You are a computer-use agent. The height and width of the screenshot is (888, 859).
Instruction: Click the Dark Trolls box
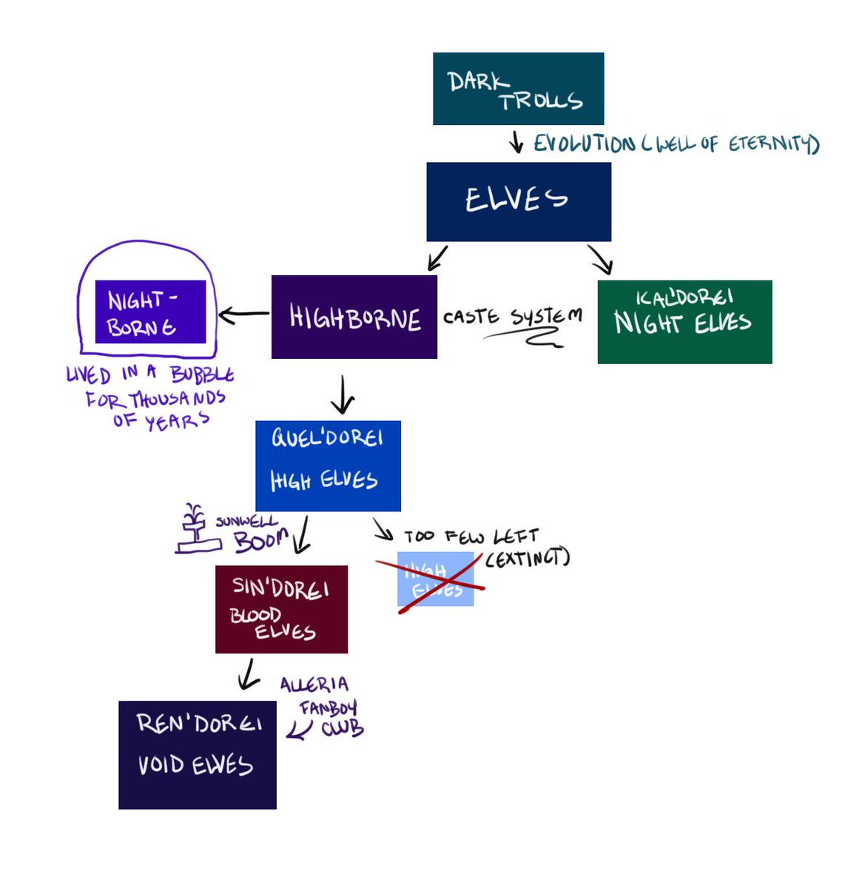coord(518,89)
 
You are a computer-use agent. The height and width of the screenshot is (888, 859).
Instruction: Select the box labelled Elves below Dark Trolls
coord(519,201)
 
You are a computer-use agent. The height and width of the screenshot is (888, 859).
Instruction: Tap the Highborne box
coord(354,317)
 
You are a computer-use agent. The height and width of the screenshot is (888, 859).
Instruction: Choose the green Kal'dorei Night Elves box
coord(684,322)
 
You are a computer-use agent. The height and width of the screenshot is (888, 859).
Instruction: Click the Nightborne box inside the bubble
coord(150,312)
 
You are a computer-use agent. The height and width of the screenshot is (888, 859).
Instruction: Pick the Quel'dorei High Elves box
coord(328,465)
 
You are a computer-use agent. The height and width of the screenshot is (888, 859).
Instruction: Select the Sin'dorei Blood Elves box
coord(281,609)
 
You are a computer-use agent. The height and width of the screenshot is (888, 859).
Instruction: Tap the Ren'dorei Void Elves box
coord(198,755)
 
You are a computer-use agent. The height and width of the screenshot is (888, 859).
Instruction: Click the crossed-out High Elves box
coord(435,579)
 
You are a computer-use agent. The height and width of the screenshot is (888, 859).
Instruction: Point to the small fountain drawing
coord(196,531)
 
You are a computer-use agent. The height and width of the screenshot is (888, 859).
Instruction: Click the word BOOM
coord(261,540)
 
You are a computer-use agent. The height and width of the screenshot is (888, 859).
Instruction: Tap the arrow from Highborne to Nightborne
coord(244,315)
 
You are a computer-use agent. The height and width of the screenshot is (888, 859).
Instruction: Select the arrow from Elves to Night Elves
coord(601,259)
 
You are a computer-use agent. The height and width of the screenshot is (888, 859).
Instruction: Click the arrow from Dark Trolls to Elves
coord(516,143)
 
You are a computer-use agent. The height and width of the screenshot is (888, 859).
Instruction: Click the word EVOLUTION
coord(584,144)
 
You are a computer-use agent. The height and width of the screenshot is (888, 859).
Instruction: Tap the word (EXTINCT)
coord(528,557)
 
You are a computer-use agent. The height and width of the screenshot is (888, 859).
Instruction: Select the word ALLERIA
coord(314,684)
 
